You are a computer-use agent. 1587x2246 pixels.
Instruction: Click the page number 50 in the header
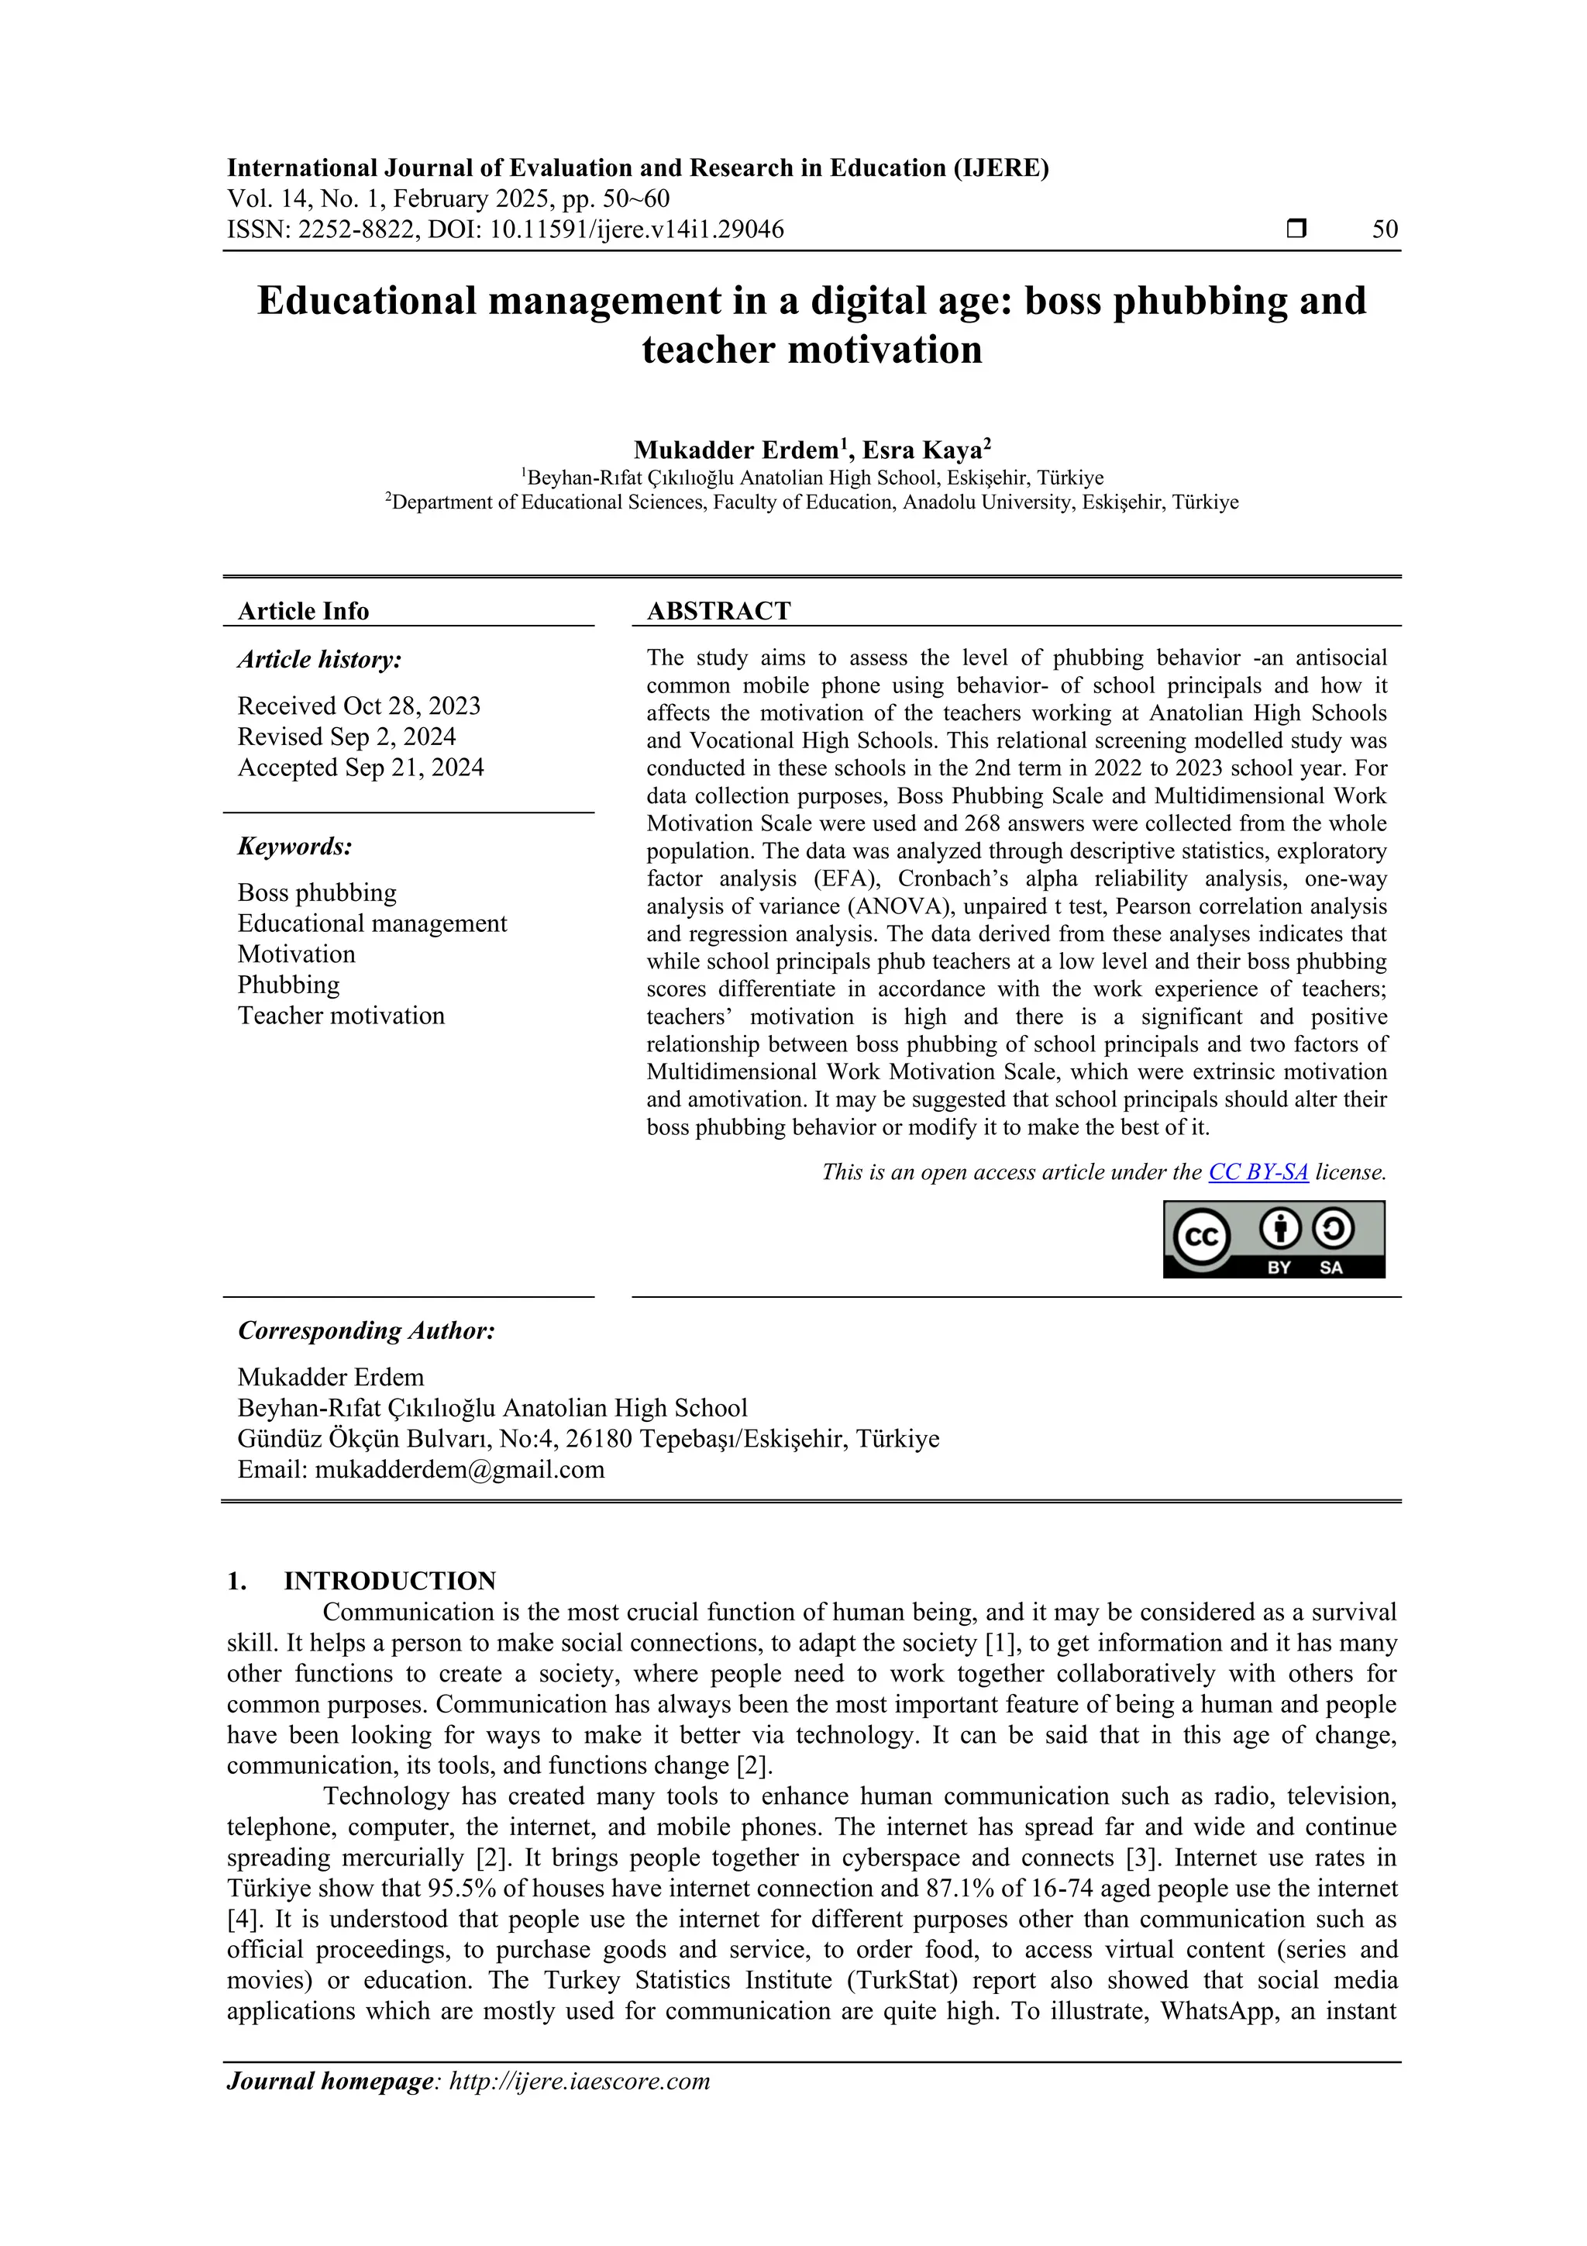coord(1385,230)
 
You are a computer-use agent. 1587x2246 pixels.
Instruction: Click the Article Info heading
coord(303,612)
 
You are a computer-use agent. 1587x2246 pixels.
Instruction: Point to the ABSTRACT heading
coord(718,612)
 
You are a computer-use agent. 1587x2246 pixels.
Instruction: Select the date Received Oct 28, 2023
coord(359,706)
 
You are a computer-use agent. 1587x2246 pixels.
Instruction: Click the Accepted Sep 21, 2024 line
coord(361,768)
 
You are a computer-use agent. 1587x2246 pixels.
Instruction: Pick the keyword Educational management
coord(372,923)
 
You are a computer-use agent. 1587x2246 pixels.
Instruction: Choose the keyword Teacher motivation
coord(340,1016)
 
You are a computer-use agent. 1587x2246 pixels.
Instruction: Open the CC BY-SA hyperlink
coord(1258,1172)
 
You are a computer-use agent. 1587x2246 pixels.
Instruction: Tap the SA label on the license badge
coord(1331,1268)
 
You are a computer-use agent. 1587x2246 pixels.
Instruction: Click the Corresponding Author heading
coord(366,1330)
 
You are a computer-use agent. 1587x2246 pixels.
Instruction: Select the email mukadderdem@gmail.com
coord(459,1469)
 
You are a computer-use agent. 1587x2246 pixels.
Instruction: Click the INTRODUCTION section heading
coord(389,1582)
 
